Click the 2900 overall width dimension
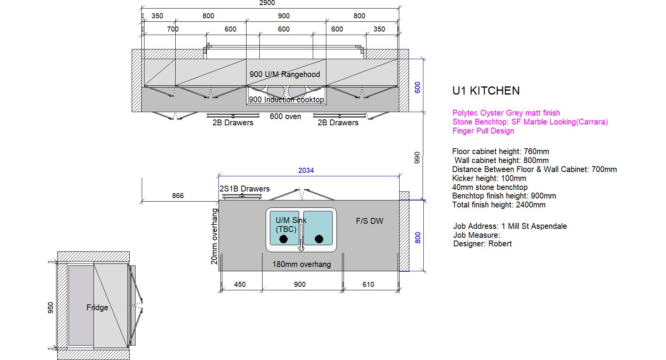pos(267,3)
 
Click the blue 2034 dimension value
pos(306,170)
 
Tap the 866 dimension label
pos(178,196)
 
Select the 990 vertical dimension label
pos(417,158)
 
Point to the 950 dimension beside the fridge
pos(51,308)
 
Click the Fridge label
pos(97,307)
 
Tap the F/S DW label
pos(370,221)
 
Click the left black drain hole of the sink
pos(284,239)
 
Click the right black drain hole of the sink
pos(319,239)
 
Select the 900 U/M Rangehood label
pos(285,74)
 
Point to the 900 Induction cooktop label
pos(286,100)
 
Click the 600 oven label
pos(285,116)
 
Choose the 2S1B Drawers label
pos(245,189)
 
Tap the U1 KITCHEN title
pos(486,91)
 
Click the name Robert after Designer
pos(500,244)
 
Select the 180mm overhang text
pos(301,264)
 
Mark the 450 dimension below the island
pos(240,284)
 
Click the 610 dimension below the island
pos(368,284)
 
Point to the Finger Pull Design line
pos(483,131)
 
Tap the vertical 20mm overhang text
pos(214,237)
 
